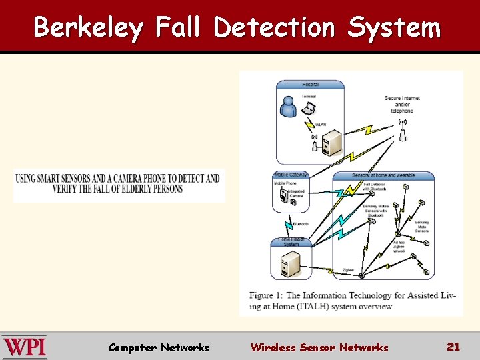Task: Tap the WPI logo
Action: point(25,347)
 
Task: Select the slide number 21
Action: point(453,347)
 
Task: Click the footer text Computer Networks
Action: point(159,347)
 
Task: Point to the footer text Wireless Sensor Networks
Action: point(319,347)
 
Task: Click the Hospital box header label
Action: point(310,85)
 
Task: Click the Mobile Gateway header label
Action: point(291,175)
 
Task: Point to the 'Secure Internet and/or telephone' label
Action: point(402,104)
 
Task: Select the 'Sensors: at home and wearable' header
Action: point(383,175)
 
